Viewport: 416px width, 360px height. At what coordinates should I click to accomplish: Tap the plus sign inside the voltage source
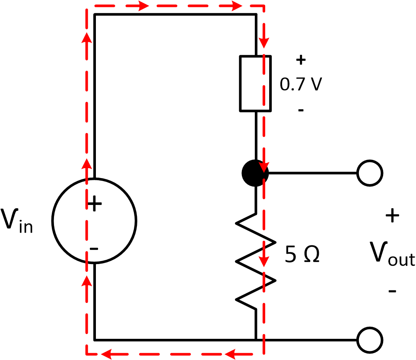[x=95, y=204]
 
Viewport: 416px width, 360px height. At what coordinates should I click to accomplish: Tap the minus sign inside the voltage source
[x=93, y=249]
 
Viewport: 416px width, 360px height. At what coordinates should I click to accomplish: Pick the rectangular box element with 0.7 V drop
[x=255, y=83]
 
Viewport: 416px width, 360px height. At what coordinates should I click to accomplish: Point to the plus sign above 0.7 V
[x=301, y=60]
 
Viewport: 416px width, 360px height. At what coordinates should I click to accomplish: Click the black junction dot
[x=255, y=173]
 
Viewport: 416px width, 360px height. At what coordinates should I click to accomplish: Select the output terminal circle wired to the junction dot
[x=370, y=173]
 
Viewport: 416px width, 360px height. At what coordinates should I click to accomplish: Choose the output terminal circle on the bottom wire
[x=370, y=340]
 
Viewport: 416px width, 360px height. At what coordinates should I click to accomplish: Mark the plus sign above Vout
[x=392, y=216]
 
